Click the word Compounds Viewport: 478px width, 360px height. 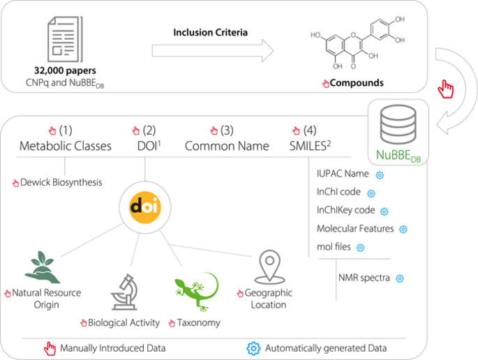coord(357,83)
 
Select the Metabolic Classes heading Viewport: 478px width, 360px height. coord(66,146)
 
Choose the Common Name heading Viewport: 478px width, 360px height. coord(227,146)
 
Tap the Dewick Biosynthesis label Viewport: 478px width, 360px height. coord(61,183)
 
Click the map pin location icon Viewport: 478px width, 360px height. coord(269,266)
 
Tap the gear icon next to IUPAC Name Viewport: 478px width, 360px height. coord(380,174)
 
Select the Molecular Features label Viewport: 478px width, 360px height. coord(354,228)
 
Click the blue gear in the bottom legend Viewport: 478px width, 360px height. coord(255,347)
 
